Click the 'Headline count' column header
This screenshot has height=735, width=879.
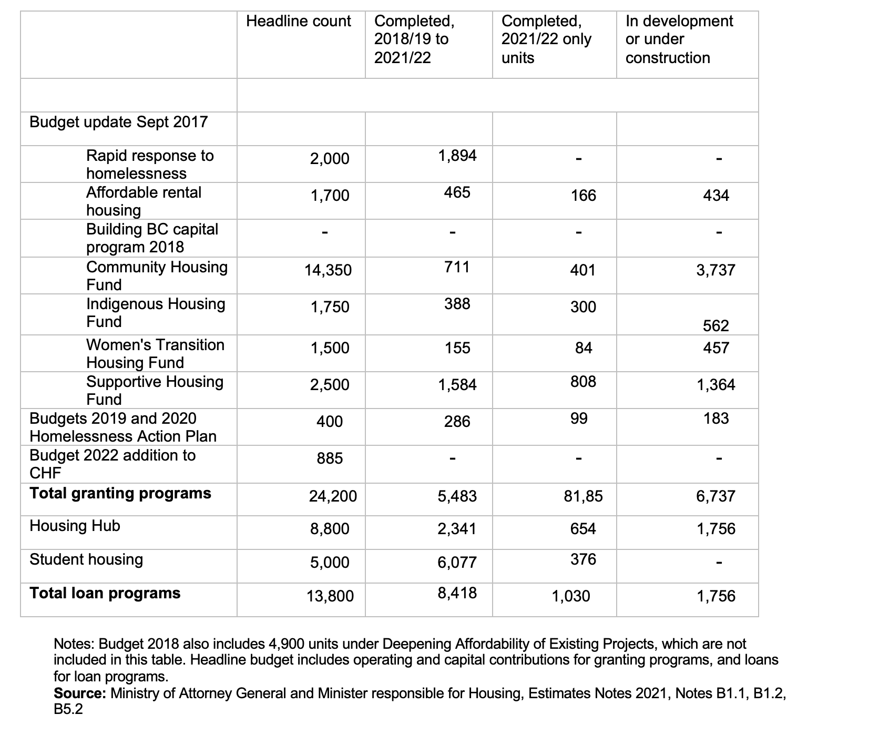[x=298, y=22]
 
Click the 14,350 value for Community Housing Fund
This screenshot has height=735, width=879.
[x=328, y=270]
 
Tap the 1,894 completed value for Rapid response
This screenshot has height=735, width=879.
[x=457, y=156]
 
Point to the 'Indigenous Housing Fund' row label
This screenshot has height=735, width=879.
[x=156, y=313]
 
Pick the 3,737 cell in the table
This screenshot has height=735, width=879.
[x=716, y=270]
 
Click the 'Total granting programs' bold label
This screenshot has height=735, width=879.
[x=120, y=493]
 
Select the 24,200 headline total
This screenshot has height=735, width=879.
[x=332, y=496]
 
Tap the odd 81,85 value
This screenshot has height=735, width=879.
[x=583, y=496]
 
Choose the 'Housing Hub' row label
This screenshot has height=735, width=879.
[x=75, y=526]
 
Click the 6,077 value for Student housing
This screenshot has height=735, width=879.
[x=457, y=563]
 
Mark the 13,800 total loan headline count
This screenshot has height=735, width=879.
[x=330, y=596]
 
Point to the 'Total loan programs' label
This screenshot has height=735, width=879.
[x=105, y=593]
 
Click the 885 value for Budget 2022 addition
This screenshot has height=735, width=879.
[x=330, y=458]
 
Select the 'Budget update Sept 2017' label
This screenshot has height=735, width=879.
[x=118, y=122]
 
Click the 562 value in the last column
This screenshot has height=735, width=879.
[x=716, y=326]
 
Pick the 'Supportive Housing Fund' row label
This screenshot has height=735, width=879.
[x=155, y=391]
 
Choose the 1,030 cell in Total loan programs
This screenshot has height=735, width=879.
[x=570, y=596]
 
